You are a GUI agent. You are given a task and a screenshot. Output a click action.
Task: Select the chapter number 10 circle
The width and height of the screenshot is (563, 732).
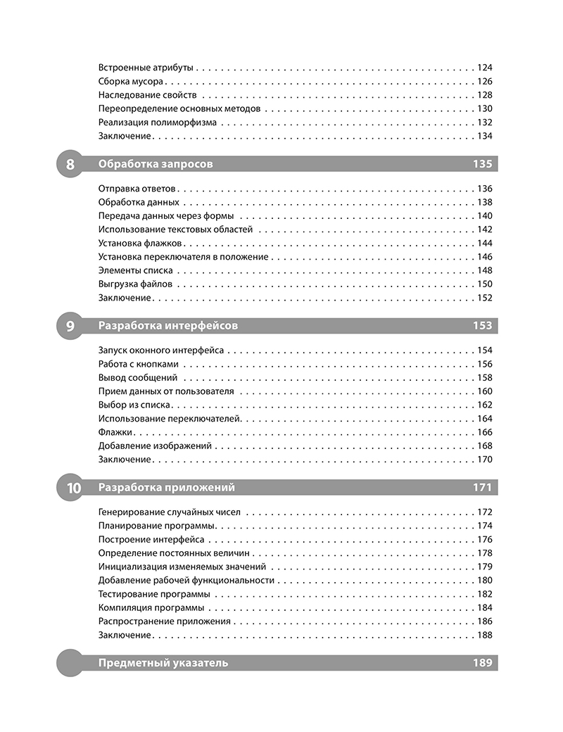point(72,488)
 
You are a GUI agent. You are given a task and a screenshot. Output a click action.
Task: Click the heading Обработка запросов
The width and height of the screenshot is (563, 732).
point(156,165)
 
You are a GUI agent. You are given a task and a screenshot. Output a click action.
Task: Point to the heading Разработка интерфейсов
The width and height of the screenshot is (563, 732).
point(168,326)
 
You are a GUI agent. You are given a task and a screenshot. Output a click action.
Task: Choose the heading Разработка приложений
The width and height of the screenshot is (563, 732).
point(167,488)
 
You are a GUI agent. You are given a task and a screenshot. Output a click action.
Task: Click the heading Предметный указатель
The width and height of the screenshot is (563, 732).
point(163,663)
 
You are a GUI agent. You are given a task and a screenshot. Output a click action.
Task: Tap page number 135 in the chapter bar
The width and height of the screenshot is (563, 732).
point(483,165)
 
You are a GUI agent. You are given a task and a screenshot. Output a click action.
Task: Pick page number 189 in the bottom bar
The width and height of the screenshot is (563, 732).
point(483,663)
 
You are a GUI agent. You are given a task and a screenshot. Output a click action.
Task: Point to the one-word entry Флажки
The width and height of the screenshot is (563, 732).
point(117,432)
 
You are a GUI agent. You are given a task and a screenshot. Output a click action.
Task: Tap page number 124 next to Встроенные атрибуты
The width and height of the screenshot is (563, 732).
point(484,69)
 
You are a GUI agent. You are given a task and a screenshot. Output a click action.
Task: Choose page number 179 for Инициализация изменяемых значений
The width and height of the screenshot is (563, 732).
point(484,567)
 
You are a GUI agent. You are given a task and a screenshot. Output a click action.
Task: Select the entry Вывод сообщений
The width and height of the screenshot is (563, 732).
point(138,379)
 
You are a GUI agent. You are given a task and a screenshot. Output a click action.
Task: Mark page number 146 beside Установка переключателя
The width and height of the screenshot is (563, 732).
point(484,258)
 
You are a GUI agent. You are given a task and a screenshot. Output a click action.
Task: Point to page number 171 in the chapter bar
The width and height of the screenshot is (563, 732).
point(483,488)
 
